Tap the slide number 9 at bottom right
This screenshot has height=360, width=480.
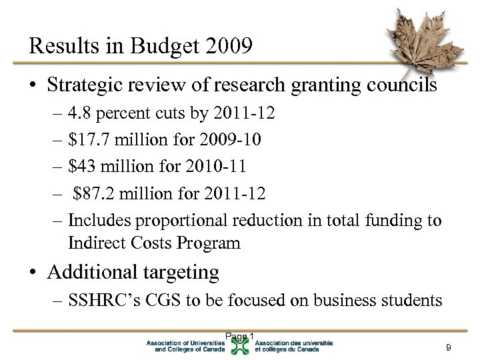click(449, 347)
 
